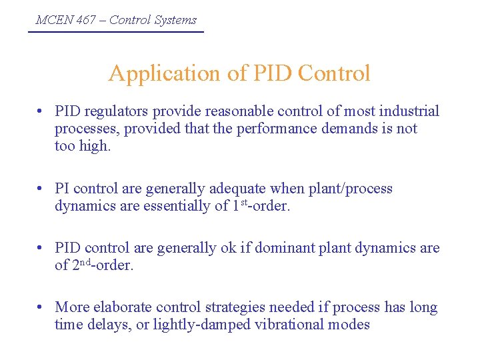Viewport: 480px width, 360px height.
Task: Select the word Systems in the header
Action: click(175, 20)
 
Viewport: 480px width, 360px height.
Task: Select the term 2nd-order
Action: click(102, 266)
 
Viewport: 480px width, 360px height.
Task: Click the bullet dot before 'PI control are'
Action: click(41, 189)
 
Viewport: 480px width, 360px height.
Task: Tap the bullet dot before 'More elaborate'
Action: click(41, 307)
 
